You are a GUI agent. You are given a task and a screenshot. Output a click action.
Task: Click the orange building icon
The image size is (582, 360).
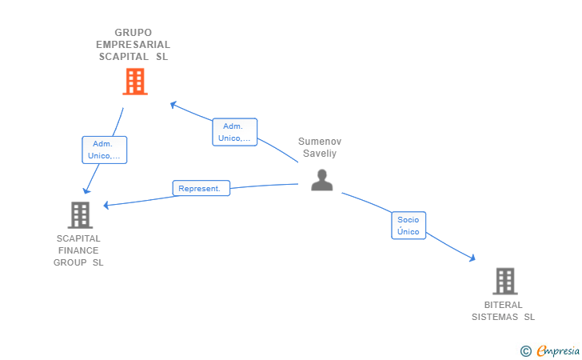[135, 82]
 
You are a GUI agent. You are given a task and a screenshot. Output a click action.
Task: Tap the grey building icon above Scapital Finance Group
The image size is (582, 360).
[80, 214]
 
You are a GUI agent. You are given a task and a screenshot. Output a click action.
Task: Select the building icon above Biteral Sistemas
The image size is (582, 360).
[505, 281]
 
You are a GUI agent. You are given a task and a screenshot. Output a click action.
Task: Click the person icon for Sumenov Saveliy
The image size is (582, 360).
[322, 180]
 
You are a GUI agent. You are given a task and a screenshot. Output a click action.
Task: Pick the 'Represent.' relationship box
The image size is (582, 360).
[201, 188]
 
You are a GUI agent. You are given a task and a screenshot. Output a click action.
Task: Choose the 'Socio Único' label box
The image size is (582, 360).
[409, 225]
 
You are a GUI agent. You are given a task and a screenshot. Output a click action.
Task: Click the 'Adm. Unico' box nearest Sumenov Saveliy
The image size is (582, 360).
[234, 132]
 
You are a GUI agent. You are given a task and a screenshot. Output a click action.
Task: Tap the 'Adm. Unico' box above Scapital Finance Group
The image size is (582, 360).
[104, 150]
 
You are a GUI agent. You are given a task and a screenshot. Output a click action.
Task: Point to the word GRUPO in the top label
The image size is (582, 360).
[133, 33]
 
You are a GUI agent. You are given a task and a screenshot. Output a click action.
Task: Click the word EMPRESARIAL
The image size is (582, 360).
[133, 45]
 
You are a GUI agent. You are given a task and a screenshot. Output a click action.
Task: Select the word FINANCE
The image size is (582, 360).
[78, 250]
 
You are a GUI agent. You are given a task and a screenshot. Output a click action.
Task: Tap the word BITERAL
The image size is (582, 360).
[503, 305]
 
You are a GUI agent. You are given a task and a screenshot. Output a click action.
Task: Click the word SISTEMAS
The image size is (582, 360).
[494, 317]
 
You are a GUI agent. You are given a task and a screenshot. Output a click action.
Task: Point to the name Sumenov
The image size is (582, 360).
[320, 142]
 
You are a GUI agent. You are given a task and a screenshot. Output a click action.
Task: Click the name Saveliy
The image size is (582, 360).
[320, 154]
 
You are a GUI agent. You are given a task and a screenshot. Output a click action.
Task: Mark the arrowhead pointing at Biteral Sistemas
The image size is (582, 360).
[472, 258]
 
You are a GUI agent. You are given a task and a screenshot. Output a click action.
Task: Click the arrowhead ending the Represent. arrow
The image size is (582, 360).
[106, 205]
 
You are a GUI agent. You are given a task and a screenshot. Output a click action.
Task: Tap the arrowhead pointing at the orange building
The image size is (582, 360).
[173, 104]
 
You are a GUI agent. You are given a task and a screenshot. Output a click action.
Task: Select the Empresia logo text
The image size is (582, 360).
[558, 350]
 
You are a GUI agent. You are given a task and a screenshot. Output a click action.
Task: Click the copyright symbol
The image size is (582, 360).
[525, 351]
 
